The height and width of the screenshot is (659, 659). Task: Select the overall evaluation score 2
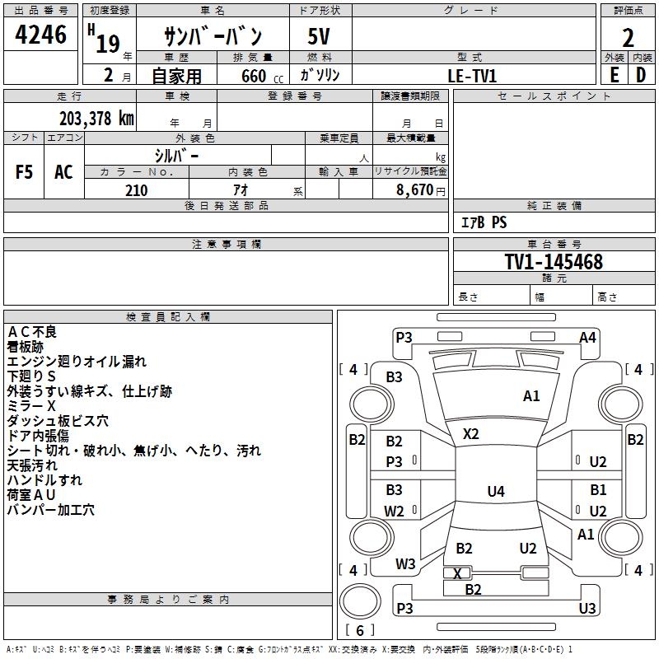[628, 38]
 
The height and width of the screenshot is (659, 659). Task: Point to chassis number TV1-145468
[554, 263]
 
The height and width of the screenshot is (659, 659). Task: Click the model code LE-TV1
[473, 75]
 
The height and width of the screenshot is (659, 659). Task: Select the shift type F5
[25, 172]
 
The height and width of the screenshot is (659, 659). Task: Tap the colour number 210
[137, 190]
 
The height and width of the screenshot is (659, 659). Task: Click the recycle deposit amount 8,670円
[420, 190]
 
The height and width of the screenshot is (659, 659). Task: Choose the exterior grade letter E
[614, 75]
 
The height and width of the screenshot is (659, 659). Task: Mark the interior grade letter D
[641, 75]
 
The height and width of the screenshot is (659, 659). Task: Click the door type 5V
[320, 38]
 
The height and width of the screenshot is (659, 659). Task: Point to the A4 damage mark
[587, 337]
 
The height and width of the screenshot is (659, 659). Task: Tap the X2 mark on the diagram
[470, 433]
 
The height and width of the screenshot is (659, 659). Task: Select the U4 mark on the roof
[495, 492]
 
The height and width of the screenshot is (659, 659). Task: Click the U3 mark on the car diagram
[587, 608]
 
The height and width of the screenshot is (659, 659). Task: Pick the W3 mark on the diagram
[405, 564]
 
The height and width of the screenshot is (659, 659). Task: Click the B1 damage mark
[598, 490]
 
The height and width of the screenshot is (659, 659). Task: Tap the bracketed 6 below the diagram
[359, 630]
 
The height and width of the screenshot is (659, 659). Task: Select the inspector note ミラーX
[31, 406]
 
